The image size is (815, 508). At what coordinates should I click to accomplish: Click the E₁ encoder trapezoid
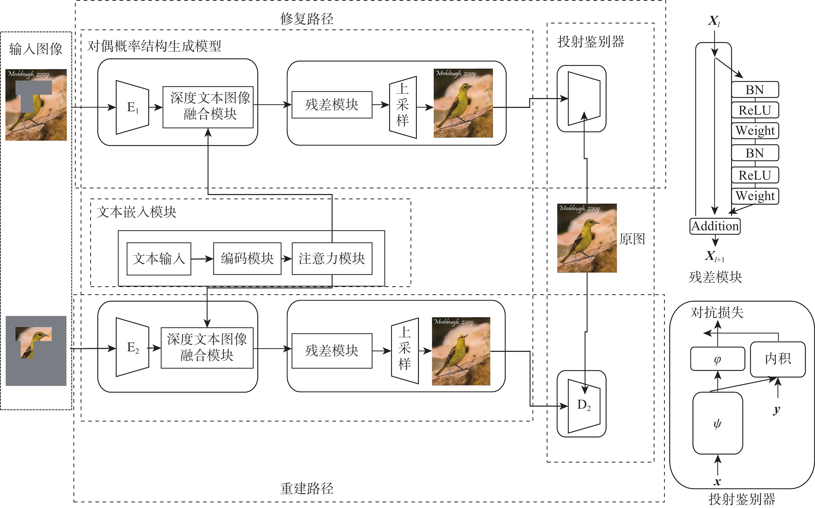[132, 108]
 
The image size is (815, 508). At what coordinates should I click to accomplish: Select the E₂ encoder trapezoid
[132, 347]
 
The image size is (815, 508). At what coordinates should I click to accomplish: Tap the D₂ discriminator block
[584, 406]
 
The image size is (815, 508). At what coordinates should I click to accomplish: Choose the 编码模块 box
[247, 259]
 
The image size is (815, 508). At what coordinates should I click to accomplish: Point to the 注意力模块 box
[332, 259]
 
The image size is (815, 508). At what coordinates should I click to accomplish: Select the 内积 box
[778, 359]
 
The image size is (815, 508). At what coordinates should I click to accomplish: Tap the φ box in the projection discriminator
[718, 359]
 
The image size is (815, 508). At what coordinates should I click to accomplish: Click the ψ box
[718, 423]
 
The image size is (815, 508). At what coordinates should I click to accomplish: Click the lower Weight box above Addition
[755, 196]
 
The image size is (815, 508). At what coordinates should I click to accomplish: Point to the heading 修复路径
[307, 19]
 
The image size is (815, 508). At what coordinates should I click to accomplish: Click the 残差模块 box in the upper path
[332, 105]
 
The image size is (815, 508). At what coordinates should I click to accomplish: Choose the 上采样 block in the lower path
[405, 351]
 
